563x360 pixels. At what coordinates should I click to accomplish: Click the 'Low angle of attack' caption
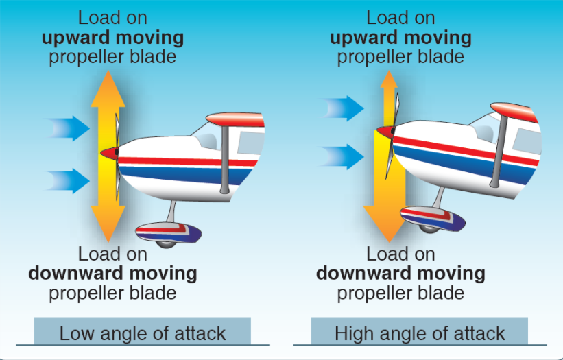pyautogui.click(x=143, y=333)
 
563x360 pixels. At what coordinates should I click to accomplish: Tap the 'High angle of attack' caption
pyautogui.click(x=420, y=333)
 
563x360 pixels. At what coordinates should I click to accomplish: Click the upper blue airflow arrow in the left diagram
pyautogui.click(x=69, y=128)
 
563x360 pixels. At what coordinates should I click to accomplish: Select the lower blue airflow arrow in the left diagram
pyautogui.click(x=69, y=181)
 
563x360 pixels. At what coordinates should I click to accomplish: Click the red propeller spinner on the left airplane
pyautogui.click(x=108, y=152)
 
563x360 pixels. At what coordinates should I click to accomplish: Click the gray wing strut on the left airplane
pyautogui.click(x=225, y=158)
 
